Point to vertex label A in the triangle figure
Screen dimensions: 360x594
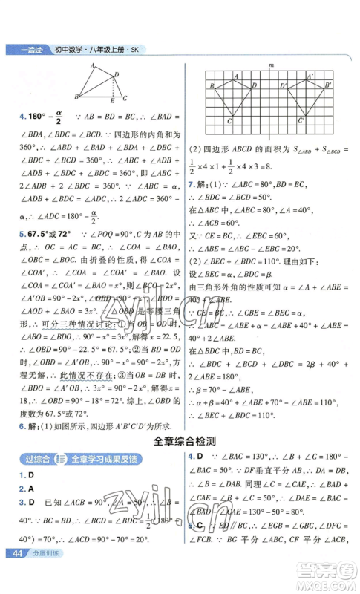[x=92, y=65]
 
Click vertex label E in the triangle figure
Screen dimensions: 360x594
[x=111, y=101]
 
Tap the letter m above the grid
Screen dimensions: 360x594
[x=272, y=65]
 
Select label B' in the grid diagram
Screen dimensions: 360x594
[x=327, y=86]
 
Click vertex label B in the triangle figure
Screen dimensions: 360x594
[x=75, y=97]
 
